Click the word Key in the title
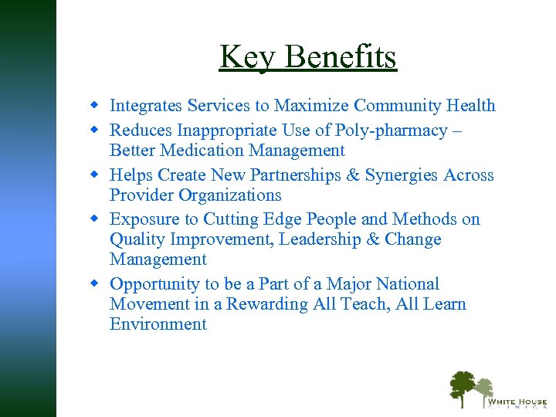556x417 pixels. point(242,56)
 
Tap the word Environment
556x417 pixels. point(158,324)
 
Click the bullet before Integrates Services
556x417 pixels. point(95,104)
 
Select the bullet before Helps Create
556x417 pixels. point(95,174)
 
